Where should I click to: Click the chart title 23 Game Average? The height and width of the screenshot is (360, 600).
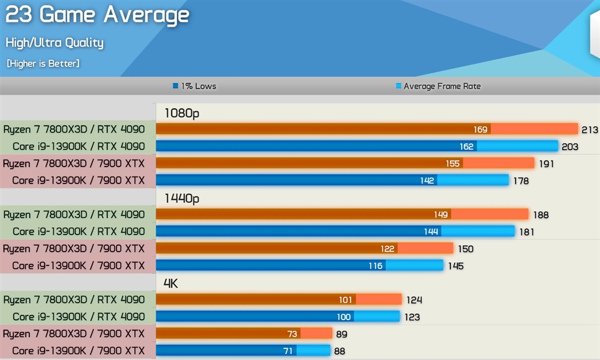(x=97, y=15)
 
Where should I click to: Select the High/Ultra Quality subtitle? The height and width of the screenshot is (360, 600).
(x=54, y=43)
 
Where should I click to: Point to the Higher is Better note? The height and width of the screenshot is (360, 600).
(x=43, y=63)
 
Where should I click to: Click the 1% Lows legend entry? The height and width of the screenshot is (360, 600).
(x=195, y=86)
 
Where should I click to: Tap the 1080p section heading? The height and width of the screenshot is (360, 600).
(x=182, y=113)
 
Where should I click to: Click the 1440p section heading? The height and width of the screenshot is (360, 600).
(x=182, y=199)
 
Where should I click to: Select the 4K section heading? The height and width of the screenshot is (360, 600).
(x=171, y=284)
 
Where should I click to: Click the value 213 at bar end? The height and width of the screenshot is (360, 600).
(x=589, y=130)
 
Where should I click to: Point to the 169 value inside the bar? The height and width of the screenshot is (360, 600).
(x=480, y=130)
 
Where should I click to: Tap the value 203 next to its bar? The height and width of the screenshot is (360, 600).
(x=570, y=147)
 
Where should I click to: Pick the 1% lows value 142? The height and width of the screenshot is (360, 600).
(x=427, y=181)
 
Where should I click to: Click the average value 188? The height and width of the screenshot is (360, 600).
(x=540, y=215)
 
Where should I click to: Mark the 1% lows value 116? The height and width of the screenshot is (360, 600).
(x=376, y=266)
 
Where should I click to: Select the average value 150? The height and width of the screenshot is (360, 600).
(x=465, y=249)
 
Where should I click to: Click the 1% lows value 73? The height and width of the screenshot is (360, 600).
(x=292, y=334)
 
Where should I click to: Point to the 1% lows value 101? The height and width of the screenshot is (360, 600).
(x=346, y=300)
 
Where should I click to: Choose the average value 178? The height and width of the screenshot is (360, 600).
(x=520, y=181)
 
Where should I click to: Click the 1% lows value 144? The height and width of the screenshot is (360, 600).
(x=431, y=232)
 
